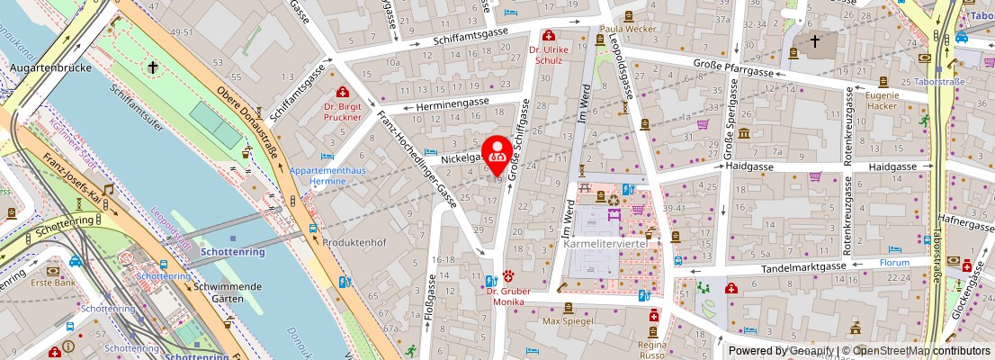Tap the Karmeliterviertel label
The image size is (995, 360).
[610, 244]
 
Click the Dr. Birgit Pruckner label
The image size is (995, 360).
[342, 111]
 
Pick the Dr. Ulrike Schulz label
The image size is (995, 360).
[546, 55]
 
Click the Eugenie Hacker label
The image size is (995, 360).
[883, 101]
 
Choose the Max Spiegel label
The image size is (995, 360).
[564, 320]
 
